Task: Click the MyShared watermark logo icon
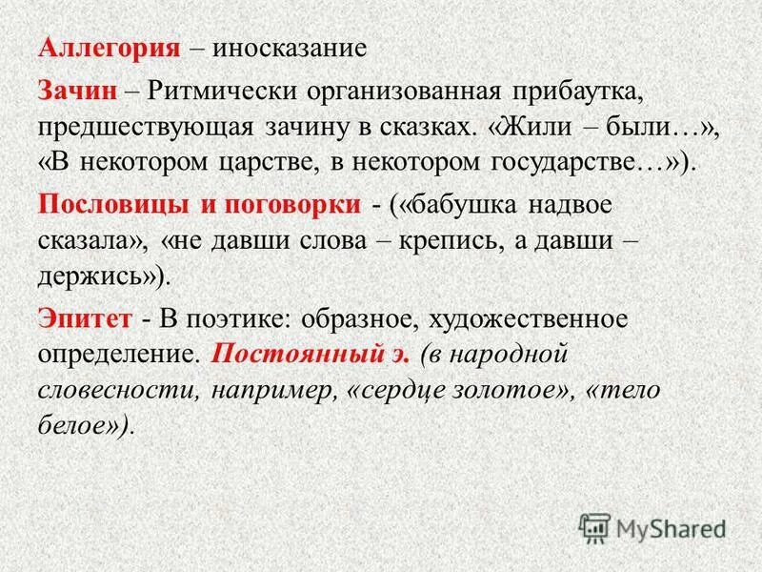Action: coord(594,527)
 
